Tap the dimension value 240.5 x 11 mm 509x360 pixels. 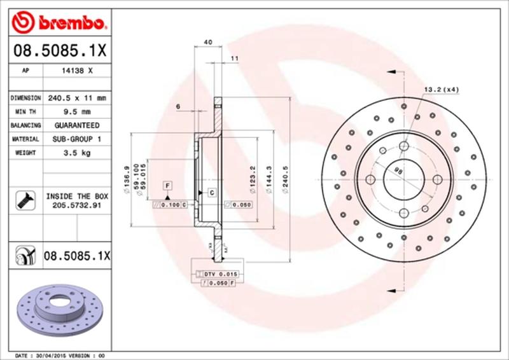pyautogui.click(x=76, y=99)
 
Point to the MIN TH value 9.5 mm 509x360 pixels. pyautogui.click(x=76, y=112)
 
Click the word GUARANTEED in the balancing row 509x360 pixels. pyautogui.click(x=76, y=125)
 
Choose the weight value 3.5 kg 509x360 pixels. pyautogui.click(x=76, y=153)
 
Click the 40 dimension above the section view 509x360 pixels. pyautogui.click(x=207, y=42)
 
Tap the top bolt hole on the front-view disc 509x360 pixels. pyautogui.click(x=403, y=147)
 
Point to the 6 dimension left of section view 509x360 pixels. pyautogui.click(x=178, y=106)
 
